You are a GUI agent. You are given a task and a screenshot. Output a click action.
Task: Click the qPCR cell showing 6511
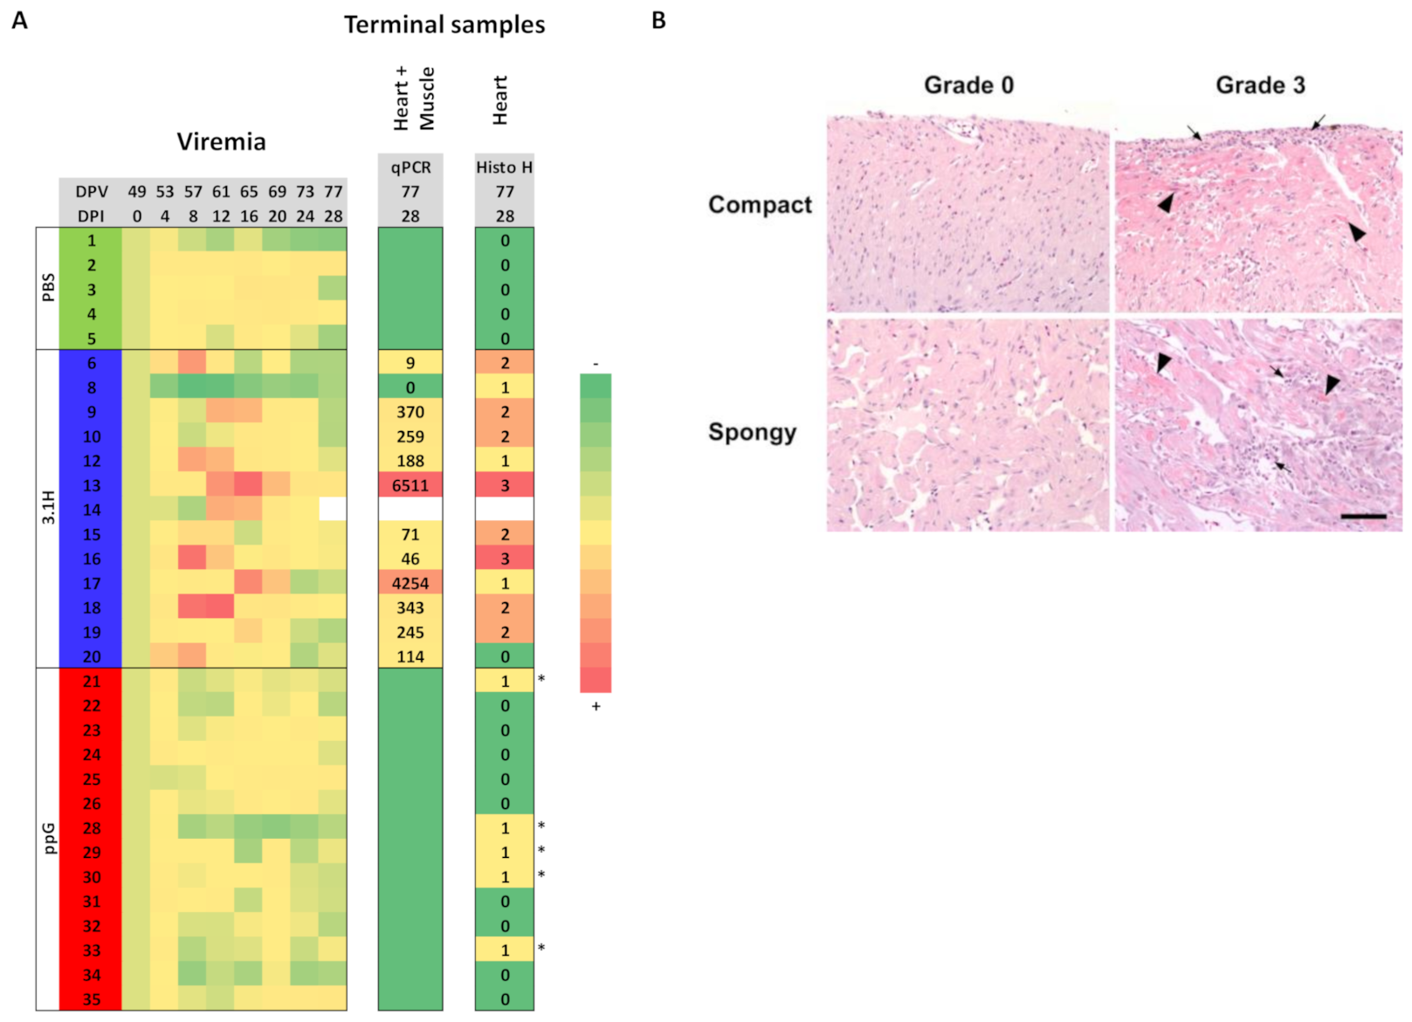pyautogui.click(x=410, y=485)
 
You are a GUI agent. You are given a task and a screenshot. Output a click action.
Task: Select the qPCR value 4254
pyautogui.click(x=410, y=583)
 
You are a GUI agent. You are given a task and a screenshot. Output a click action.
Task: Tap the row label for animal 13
pyautogui.click(x=91, y=485)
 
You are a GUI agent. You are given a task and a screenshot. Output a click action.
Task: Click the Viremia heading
pyautogui.click(x=221, y=141)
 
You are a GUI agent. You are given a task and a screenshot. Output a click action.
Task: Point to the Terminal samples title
pyautogui.click(x=444, y=24)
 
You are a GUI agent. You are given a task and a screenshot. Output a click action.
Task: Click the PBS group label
pyautogui.click(x=48, y=288)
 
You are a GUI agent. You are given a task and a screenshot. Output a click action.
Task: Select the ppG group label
pyautogui.click(x=48, y=838)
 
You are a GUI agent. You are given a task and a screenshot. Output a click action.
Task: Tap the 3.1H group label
pyautogui.click(x=48, y=508)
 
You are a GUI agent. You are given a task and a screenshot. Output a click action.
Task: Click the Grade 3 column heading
pyautogui.click(x=1259, y=86)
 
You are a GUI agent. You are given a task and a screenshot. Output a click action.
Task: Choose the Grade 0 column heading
pyautogui.click(x=968, y=86)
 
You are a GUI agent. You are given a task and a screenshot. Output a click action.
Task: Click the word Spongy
pyautogui.click(x=752, y=433)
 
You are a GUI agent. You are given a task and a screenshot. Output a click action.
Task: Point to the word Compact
pyautogui.click(x=760, y=204)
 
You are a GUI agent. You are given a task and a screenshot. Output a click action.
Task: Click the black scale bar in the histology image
pyautogui.click(x=1363, y=517)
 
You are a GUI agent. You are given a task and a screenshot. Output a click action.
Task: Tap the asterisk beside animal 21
pyautogui.click(x=541, y=679)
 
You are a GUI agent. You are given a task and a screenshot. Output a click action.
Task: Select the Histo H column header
pyautogui.click(x=504, y=167)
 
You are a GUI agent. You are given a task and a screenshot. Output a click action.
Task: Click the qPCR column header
pyautogui.click(x=410, y=167)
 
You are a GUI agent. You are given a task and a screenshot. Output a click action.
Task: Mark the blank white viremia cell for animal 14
pyautogui.click(x=333, y=509)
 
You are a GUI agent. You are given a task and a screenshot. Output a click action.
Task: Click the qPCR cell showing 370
pyautogui.click(x=410, y=412)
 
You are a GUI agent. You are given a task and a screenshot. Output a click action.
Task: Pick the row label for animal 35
pyautogui.click(x=91, y=999)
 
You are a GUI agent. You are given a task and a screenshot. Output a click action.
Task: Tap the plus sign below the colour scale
pyautogui.click(x=596, y=706)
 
